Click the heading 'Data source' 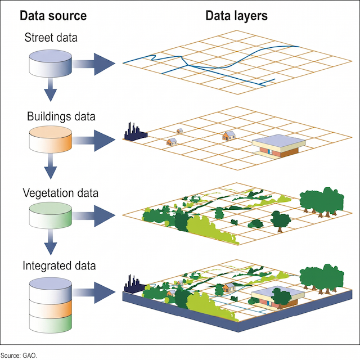point(53,16)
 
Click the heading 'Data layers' point(236,16)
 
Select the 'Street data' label point(51,38)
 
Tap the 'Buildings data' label point(61,116)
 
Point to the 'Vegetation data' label point(60,193)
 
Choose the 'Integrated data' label point(59,265)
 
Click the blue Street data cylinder point(50,64)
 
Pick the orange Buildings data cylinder point(50,139)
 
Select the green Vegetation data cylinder point(50,215)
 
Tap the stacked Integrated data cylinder point(50,305)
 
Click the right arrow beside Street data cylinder point(94,64)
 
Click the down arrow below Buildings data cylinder point(51,166)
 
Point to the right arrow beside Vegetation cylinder point(94,216)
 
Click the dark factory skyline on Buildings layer point(136,132)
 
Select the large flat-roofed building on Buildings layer point(279,146)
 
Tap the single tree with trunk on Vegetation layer point(281,222)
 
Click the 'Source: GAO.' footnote point(19,355)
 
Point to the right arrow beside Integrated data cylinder point(94,292)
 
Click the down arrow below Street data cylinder point(51,89)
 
